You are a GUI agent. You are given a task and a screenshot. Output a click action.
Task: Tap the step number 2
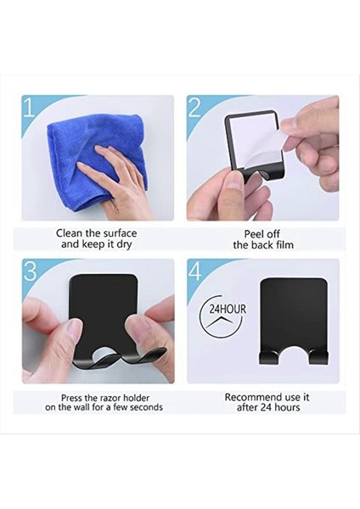(194, 107)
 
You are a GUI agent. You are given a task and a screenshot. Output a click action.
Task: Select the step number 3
(30, 271)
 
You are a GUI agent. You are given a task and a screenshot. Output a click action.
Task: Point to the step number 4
(195, 271)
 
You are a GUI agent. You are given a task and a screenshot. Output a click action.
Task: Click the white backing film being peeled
(256, 143)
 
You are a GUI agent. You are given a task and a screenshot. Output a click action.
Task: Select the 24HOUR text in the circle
(228, 309)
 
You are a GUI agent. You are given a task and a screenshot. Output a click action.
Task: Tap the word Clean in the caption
(69, 233)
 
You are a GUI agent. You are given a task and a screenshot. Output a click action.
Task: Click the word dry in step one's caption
(123, 245)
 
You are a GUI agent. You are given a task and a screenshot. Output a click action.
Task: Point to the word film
(284, 245)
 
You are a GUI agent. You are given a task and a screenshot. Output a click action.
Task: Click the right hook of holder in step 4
(318, 357)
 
